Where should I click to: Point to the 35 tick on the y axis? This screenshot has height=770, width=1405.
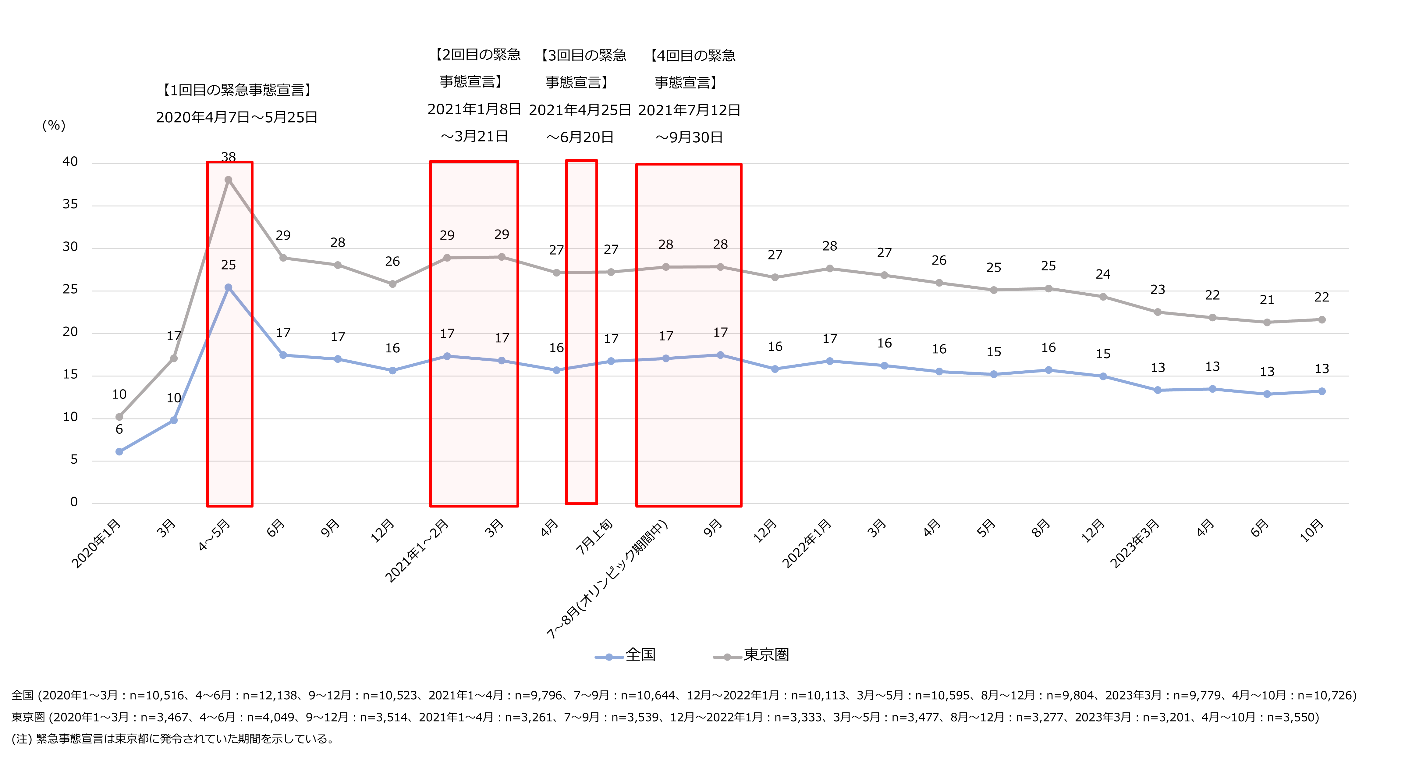[x=70, y=205]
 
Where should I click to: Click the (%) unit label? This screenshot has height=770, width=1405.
[x=54, y=126]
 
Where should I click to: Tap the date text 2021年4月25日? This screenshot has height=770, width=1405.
[x=580, y=110]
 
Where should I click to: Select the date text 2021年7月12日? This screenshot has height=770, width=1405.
[x=689, y=110]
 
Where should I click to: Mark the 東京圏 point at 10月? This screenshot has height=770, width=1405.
[x=1322, y=320]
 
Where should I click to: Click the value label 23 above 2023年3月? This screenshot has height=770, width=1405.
[x=1157, y=290]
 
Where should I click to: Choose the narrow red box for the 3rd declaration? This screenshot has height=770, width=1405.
[x=581, y=332]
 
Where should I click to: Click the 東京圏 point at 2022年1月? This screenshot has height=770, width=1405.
[x=830, y=269]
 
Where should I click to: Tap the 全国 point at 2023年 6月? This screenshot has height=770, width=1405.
[x=1267, y=394]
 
